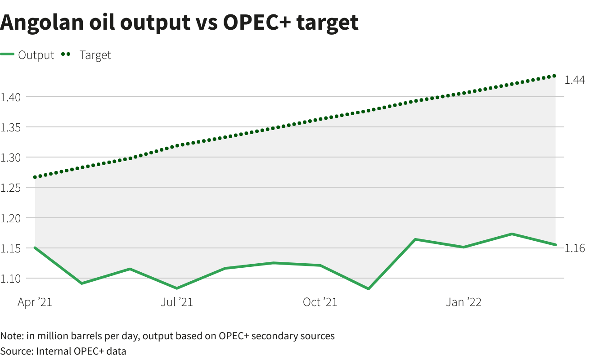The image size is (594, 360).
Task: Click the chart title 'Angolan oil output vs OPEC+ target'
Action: click(179, 22)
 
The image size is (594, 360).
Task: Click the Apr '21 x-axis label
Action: click(35, 302)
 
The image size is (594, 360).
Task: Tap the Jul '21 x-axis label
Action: click(176, 302)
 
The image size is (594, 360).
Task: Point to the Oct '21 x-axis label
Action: click(320, 302)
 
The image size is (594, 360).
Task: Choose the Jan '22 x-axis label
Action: click(463, 302)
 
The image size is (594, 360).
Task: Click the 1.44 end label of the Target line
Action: click(575, 80)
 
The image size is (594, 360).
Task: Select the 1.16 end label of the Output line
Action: click(575, 248)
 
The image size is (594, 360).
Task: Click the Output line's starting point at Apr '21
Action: click(35, 247)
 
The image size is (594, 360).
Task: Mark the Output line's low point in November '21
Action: click(369, 288)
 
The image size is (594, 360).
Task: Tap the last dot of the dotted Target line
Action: click(554, 76)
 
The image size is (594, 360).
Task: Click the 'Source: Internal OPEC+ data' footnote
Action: click(63, 351)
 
